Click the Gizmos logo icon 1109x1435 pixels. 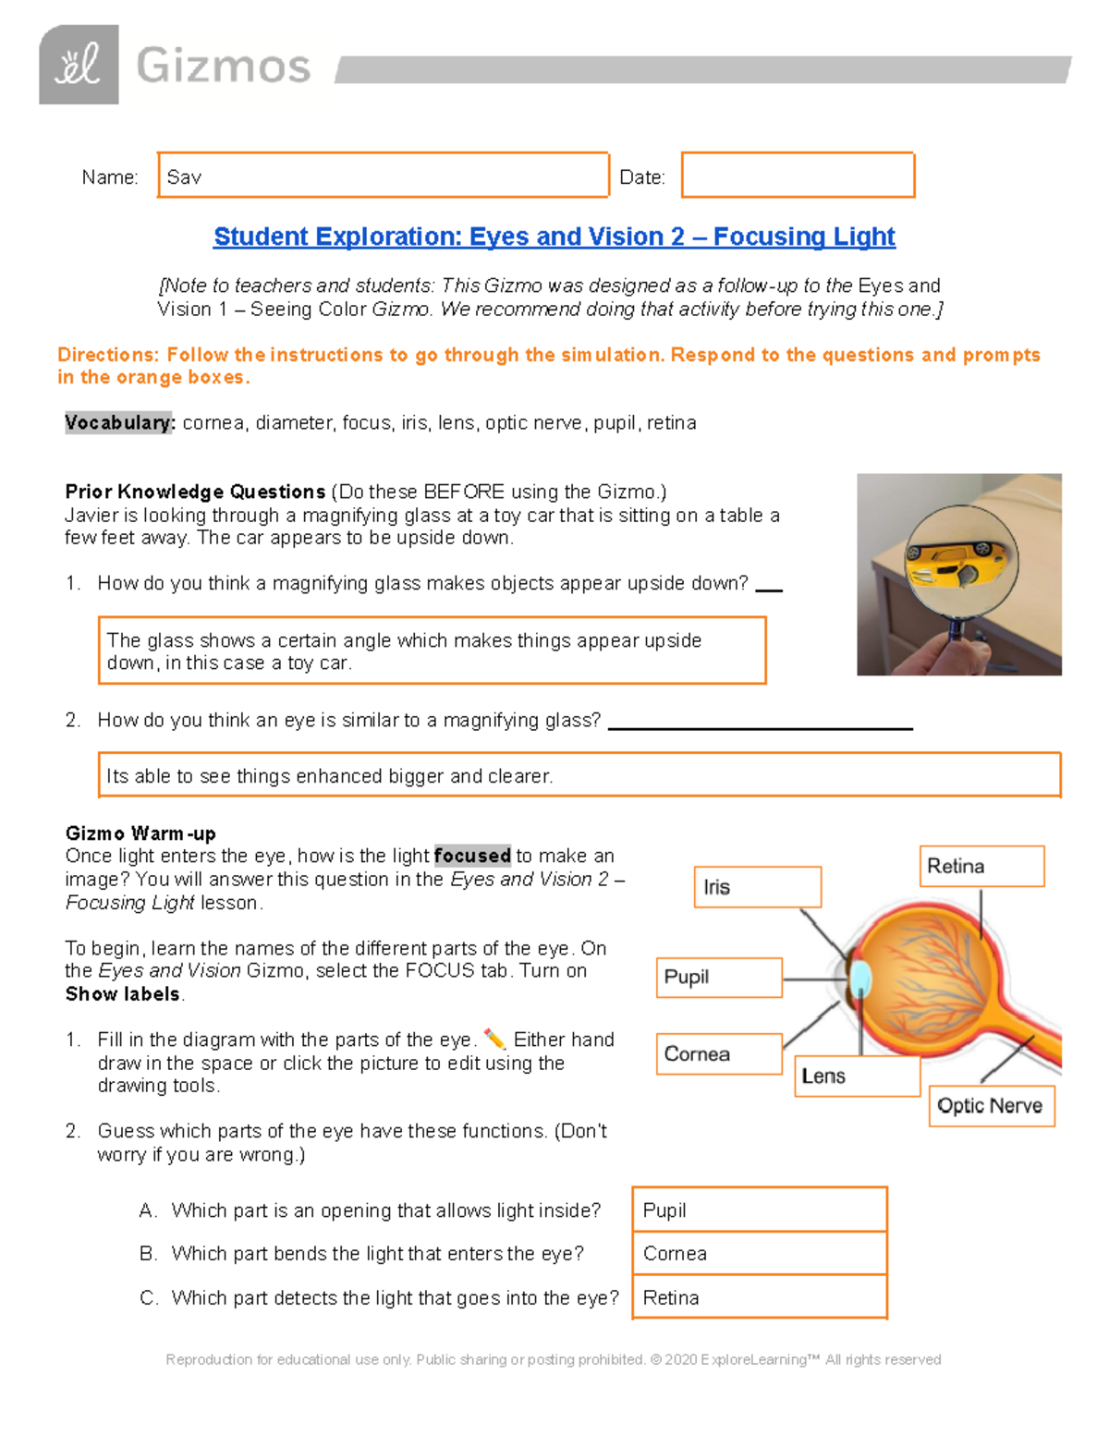tap(79, 65)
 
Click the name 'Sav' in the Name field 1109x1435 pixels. tap(184, 177)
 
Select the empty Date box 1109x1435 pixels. tap(798, 176)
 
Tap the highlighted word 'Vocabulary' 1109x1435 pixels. tap(119, 423)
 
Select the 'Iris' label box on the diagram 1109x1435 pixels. tap(757, 887)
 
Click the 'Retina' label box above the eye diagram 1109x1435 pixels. tap(981, 867)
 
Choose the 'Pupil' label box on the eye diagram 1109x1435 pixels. tap(719, 978)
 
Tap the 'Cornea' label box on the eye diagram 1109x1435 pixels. tap(719, 1054)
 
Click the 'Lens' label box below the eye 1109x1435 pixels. tap(856, 1076)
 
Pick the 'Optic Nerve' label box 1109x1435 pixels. tap(991, 1106)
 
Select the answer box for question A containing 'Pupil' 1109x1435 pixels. tap(760, 1210)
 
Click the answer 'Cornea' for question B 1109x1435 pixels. tap(760, 1254)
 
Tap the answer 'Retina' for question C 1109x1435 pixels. tap(760, 1297)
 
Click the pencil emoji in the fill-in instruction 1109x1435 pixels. tap(494, 1040)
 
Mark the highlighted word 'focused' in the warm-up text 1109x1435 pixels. tap(472, 856)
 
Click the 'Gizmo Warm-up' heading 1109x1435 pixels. tap(140, 833)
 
